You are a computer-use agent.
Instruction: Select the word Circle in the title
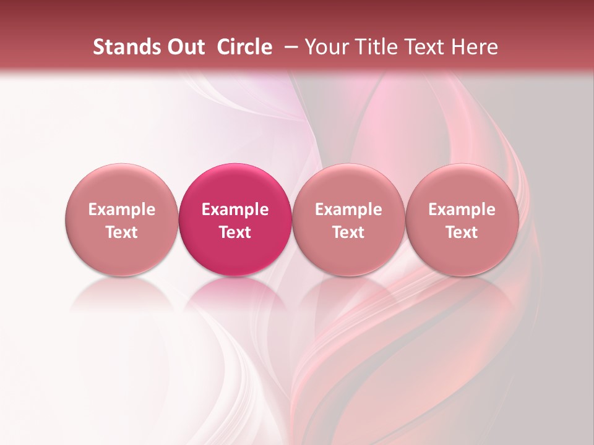pyautogui.click(x=244, y=47)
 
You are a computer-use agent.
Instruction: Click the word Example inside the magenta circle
pyautogui.click(x=235, y=210)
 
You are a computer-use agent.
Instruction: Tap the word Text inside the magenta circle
pyautogui.click(x=235, y=232)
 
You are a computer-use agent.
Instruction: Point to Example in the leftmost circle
pyautogui.click(x=122, y=210)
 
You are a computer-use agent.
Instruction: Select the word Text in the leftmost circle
pyautogui.click(x=122, y=232)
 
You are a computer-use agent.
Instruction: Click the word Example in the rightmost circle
pyautogui.click(x=462, y=210)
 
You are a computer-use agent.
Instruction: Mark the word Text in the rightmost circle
pyautogui.click(x=462, y=232)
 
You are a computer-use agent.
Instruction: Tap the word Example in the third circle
pyautogui.click(x=348, y=210)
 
